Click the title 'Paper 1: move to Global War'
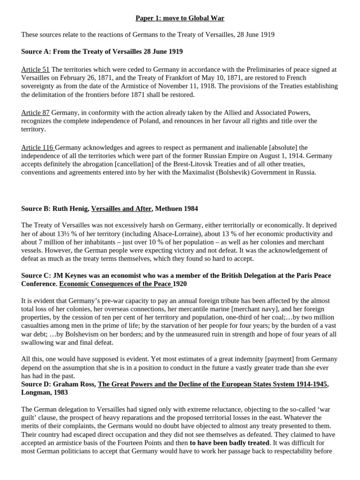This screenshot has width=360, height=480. pyautogui.click(x=180, y=18)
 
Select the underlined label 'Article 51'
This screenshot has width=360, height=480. pyautogui.click(x=35, y=69)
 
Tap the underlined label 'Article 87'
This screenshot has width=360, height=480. pyautogui.click(x=35, y=112)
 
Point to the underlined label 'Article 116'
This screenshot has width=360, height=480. pyautogui.click(x=37, y=148)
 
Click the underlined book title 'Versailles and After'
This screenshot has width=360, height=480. pyautogui.click(x=121, y=208)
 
